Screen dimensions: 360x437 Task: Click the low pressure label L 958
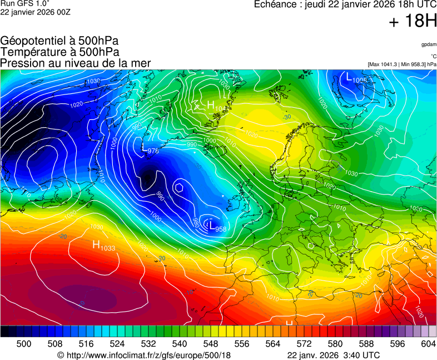(217, 226)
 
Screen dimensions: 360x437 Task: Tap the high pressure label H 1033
(103, 246)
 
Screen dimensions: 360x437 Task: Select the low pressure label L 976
(150, 150)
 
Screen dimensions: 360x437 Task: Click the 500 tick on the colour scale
(24, 344)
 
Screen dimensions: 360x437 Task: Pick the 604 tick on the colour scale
(428, 344)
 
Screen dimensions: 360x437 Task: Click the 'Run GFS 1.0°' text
(25, 3)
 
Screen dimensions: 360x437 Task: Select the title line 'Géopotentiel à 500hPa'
(59, 41)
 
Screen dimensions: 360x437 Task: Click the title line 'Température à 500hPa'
(59, 52)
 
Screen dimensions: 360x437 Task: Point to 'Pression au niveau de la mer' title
(76, 63)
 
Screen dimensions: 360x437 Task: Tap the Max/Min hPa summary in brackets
(402, 64)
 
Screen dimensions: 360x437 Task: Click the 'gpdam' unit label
(428, 44)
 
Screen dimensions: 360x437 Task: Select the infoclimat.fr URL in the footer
(144, 355)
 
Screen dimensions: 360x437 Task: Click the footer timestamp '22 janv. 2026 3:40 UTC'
(334, 355)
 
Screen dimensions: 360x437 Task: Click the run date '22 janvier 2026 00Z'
(35, 12)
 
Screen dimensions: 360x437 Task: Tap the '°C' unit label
(433, 56)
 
